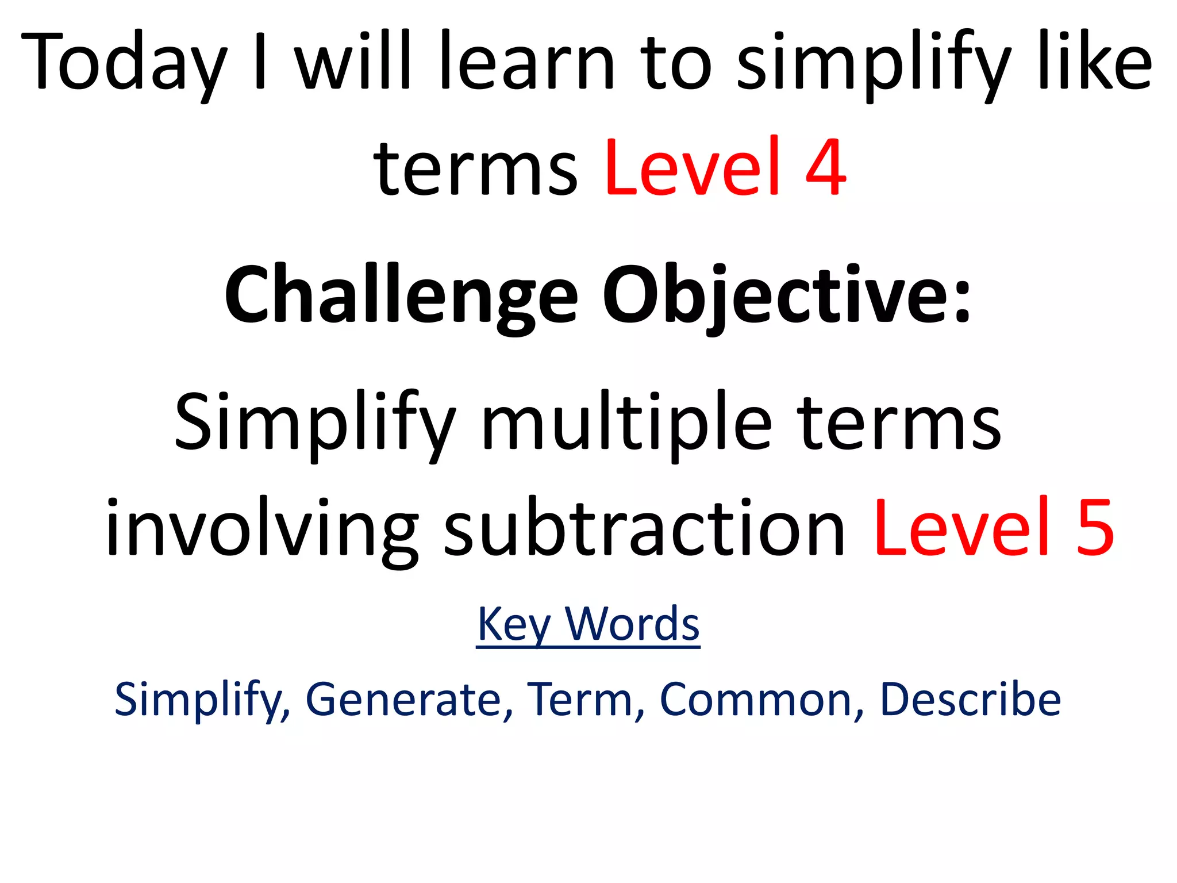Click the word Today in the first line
(124, 63)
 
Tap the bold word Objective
(773, 297)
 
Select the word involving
(262, 528)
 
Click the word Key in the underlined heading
(514, 624)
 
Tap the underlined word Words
(632, 623)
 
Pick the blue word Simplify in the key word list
(198, 699)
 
